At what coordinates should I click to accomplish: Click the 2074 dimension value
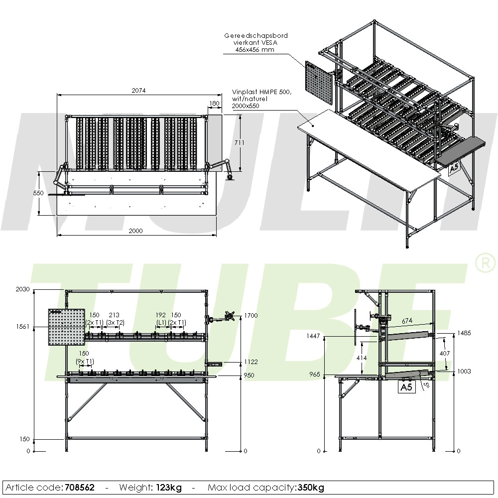click(138, 90)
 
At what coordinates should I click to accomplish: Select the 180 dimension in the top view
click(214, 104)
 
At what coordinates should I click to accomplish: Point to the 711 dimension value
click(240, 143)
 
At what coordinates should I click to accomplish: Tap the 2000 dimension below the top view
click(135, 231)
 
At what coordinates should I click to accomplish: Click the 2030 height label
click(22, 289)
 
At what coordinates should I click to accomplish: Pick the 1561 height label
click(22, 327)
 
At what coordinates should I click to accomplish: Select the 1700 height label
click(251, 315)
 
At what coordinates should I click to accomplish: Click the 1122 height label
click(251, 362)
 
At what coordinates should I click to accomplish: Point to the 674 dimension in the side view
click(407, 320)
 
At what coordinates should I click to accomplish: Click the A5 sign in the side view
click(407, 387)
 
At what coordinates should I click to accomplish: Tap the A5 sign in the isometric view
click(454, 170)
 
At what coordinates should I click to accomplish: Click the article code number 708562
click(79, 487)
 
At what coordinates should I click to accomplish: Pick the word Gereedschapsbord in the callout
click(256, 36)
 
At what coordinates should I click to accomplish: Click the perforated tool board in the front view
click(65, 327)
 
